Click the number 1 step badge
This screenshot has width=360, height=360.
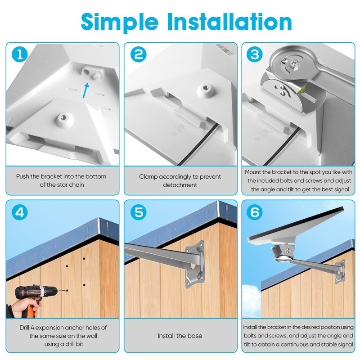[x=20, y=54]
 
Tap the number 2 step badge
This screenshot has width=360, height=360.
[x=138, y=54]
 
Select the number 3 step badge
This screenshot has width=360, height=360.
[x=254, y=54]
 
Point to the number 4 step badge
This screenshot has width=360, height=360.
[x=20, y=212]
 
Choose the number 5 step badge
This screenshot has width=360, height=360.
[x=138, y=212]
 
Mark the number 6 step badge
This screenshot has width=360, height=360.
[x=254, y=212]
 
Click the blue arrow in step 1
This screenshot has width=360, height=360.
[x=85, y=90]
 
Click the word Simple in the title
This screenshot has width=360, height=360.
[x=120, y=22]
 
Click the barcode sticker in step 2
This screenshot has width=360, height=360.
[x=224, y=49]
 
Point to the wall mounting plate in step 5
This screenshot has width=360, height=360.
[x=194, y=264]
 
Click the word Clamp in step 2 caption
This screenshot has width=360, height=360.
[x=148, y=177]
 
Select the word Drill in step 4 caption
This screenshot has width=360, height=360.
[x=24, y=328]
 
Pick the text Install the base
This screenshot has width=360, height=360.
[x=180, y=336]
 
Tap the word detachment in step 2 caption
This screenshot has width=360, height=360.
[x=180, y=185]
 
